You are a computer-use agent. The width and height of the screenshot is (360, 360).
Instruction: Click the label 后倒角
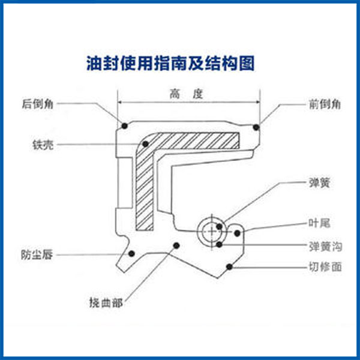(x=37, y=104)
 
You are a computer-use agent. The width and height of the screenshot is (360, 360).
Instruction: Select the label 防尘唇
(x=37, y=254)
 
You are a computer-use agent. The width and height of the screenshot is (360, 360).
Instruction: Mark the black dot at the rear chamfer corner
(x=124, y=125)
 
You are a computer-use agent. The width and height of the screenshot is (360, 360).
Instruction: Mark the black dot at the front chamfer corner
(x=256, y=127)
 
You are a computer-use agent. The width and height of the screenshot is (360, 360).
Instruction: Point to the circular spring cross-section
(x=212, y=229)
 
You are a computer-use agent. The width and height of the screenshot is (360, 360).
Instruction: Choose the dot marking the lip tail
(x=238, y=233)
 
